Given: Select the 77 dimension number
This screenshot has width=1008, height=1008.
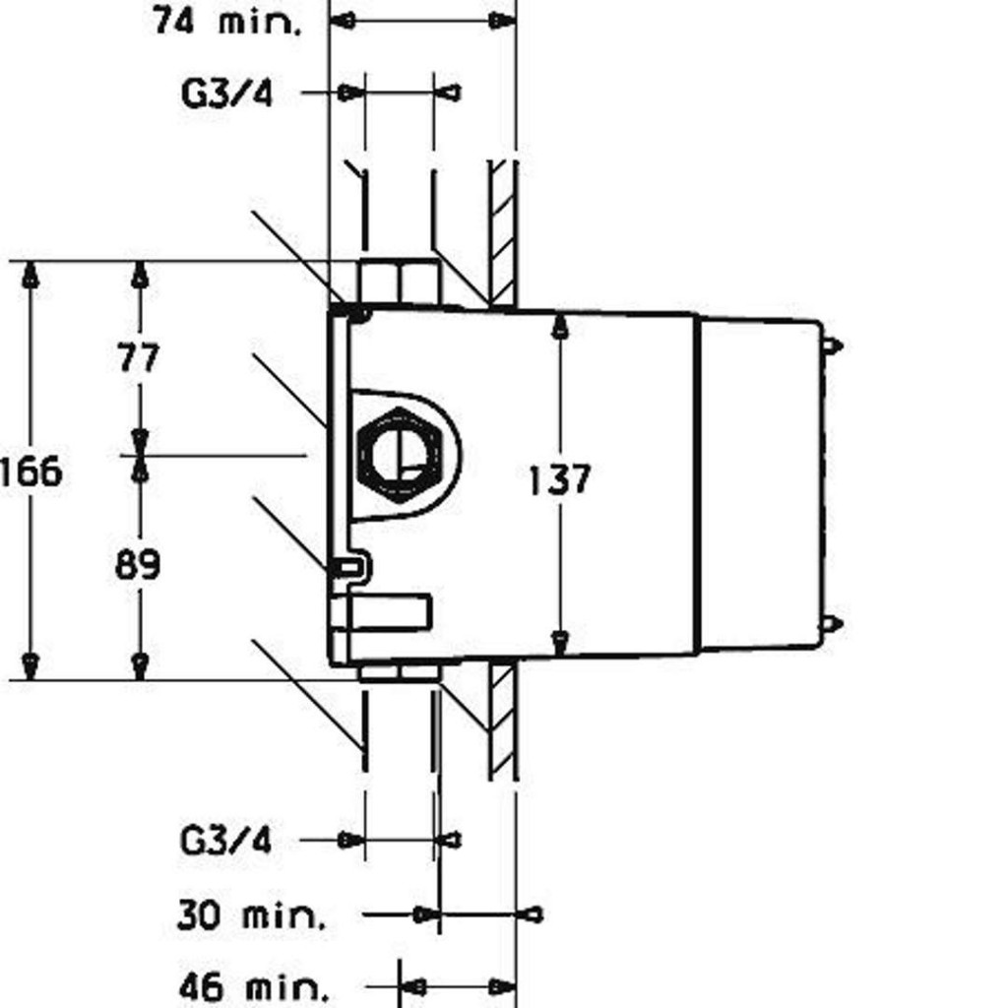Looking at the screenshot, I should point(138,356).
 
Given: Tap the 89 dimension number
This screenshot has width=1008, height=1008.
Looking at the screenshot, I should point(138,565).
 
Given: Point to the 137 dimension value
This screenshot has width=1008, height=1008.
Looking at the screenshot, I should point(559,480).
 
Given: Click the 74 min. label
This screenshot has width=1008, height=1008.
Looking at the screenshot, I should point(227,21).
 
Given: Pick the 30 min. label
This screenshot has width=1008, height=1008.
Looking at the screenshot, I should point(251,915).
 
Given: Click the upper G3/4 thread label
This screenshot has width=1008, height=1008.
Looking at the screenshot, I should point(227,94).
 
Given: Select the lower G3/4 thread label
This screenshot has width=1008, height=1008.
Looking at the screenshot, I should point(225,841).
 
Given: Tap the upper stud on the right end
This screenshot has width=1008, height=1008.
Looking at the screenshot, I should point(832,346).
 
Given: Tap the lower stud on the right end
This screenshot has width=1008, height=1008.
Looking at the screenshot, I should point(832,622).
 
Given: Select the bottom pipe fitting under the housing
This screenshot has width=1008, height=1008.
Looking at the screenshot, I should point(398,671).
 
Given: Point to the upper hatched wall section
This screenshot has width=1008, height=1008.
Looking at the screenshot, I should point(502,231).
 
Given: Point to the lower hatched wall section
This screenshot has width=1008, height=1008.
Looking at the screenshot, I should point(502,719).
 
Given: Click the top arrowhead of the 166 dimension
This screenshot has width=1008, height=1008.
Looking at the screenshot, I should point(31,275).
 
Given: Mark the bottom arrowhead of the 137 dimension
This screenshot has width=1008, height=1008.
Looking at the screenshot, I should point(559,643).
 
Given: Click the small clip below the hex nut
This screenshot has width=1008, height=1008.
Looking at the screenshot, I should point(349,566).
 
